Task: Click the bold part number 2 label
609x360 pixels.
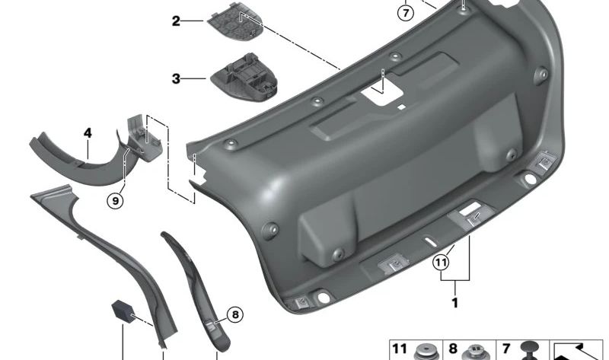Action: (x=176, y=21)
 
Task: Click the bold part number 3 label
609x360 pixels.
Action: (x=176, y=79)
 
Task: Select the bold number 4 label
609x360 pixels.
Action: (x=88, y=133)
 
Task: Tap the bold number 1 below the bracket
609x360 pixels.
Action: (x=454, y=303)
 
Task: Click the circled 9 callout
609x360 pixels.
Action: (x=116, y=201)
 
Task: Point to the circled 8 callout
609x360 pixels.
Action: (x=235, y=314)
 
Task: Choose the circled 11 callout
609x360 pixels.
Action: (x=441, y=263)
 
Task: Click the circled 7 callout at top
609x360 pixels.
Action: (x=406, y=13)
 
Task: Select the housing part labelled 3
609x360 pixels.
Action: (x=244, y=78)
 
